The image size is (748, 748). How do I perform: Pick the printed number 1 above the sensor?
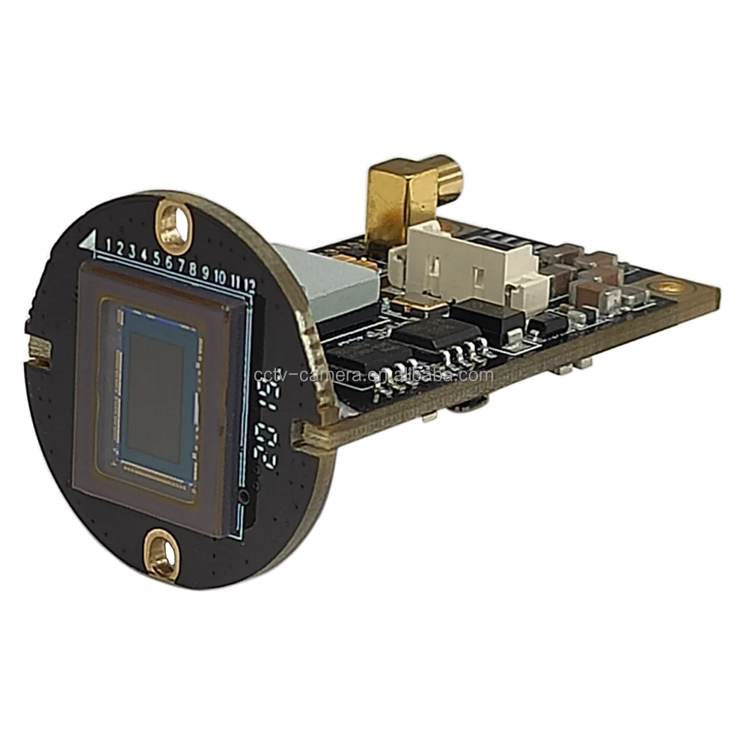(109, 245)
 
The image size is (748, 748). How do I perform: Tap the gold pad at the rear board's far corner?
(660, 286)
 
